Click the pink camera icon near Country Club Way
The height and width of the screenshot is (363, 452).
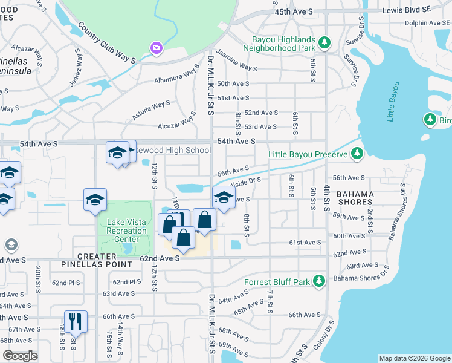157,47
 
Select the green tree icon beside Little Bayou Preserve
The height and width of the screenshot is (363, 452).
357,154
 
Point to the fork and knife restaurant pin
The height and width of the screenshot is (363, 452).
76,321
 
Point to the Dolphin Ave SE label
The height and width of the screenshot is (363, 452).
420,23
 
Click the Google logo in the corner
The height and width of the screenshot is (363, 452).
19,355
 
